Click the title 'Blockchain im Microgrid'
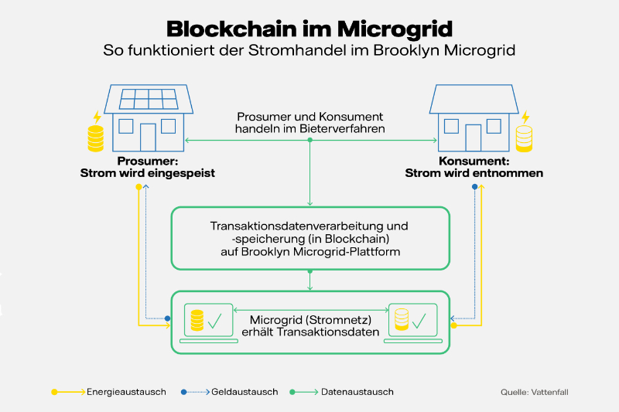click(309, 29)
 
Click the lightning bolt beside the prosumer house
click(97, 117)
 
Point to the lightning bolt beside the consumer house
click(525, 117)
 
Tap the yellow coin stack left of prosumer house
click(96, 139)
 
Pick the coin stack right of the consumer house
click(525, 139)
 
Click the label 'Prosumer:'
click(148, 162)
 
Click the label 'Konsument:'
click(474, 162)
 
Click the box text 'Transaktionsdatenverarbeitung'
click(308, 227)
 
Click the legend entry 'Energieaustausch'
click(126, 392)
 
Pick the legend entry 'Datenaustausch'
click(359, 392)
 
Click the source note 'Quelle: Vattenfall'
click(535, 393)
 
